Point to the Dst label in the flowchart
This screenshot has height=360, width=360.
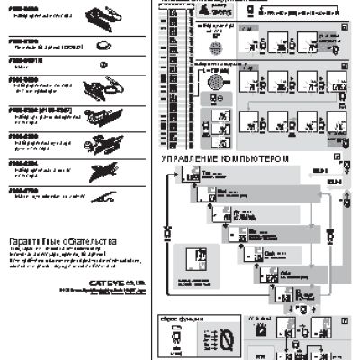tap(220, 191)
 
